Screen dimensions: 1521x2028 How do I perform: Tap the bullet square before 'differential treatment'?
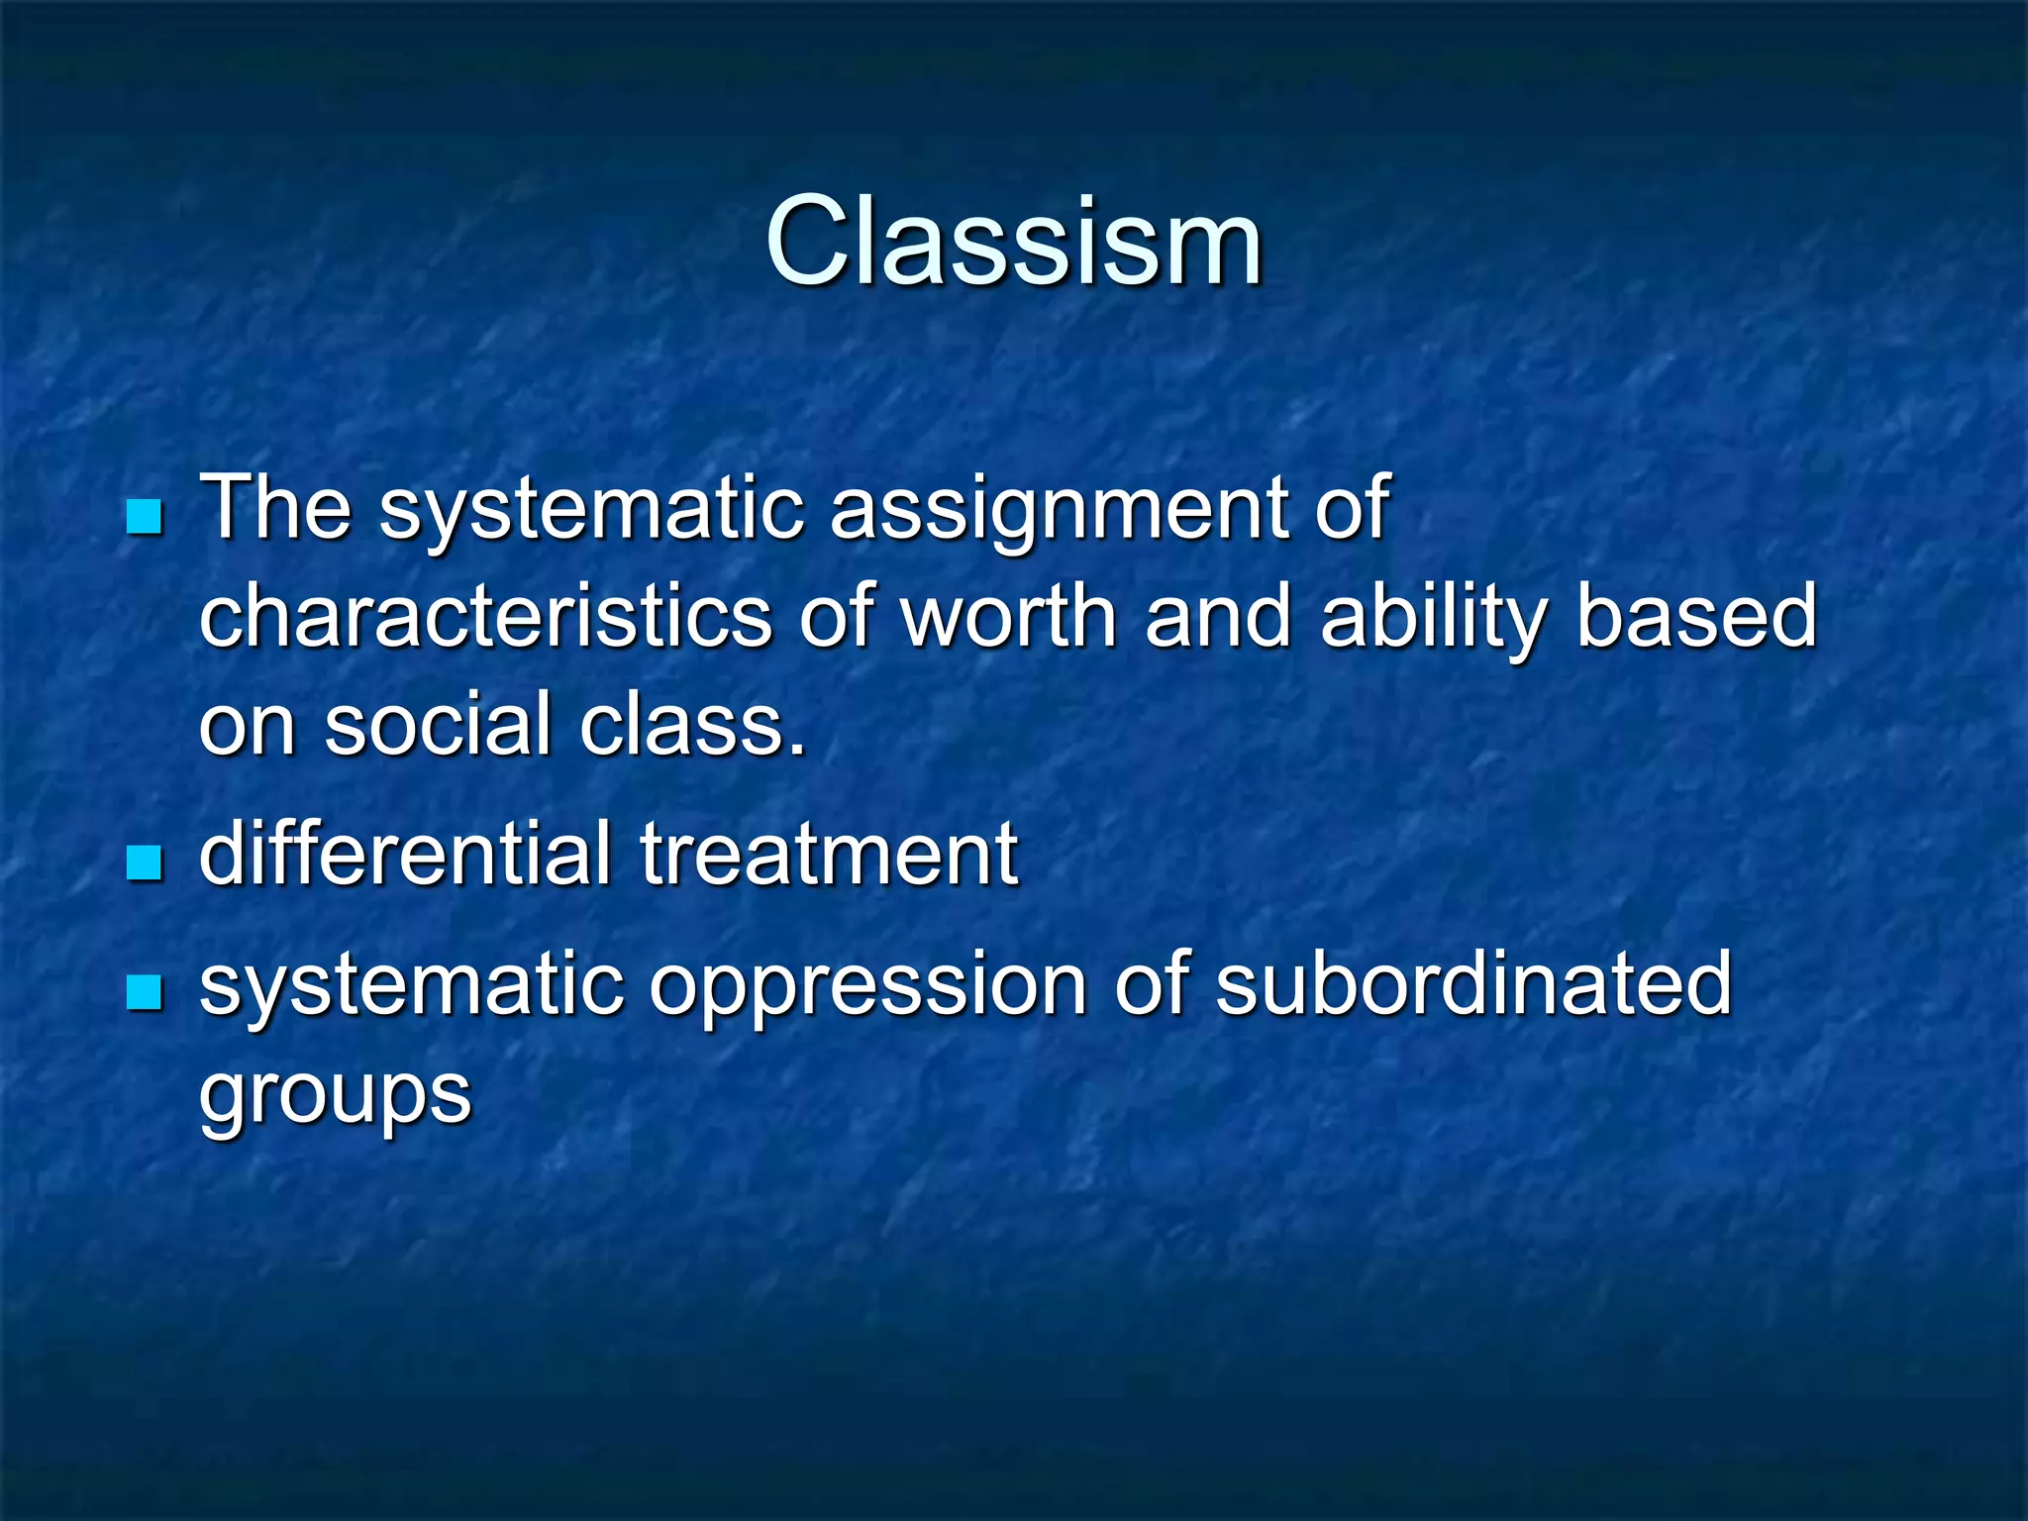tap(145, 862)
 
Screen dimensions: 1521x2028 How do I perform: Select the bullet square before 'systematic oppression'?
tap(145, 992)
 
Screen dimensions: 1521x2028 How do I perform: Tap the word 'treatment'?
tap(829, 856)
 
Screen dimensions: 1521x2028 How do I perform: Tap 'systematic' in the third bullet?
tap(411, 988)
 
